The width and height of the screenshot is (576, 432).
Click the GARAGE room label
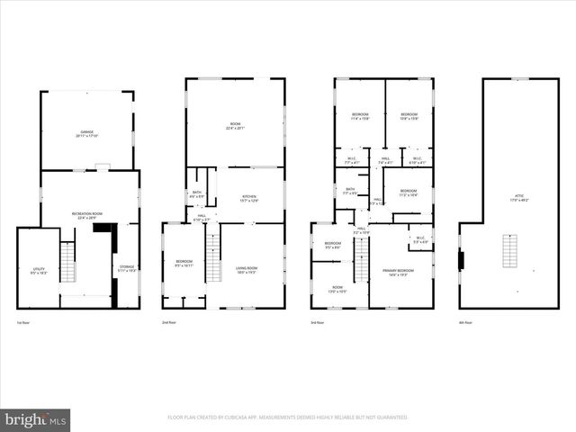point(88,133)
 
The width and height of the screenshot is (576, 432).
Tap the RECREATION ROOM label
point(88,215)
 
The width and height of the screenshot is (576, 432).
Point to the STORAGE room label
point(128,268)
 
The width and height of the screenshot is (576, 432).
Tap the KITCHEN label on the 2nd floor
point(248,198)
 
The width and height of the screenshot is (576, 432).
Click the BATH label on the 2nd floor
point(197,193)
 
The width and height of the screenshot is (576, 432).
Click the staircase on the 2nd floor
point(213,256)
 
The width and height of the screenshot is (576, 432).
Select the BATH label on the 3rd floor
point(350,191)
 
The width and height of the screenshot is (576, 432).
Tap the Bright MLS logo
point(36,419)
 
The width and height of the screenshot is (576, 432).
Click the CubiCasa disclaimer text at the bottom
point(287,418)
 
